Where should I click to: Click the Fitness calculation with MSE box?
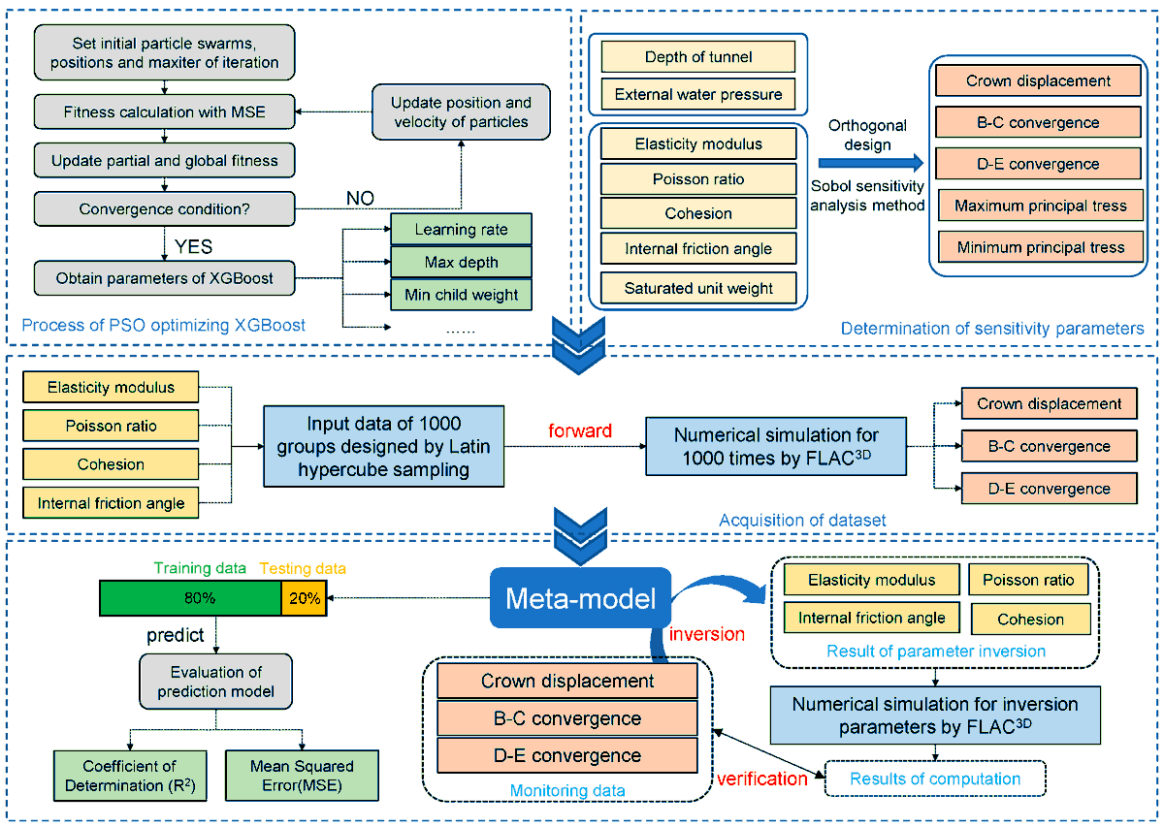click(163, 112)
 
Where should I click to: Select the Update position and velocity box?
click(461, 111)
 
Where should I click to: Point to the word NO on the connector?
click(360, 198)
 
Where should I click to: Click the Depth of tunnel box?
click(697, 57)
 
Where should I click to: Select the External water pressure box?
click(697, 94)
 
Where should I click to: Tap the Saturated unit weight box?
click(697, 288)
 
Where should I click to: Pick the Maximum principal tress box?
click(1039, 206)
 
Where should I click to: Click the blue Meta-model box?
click(579, 598)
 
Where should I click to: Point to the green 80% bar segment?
click(190, 597)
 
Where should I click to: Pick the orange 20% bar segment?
click(304, 597)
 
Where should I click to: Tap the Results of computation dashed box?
click(935, 779)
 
